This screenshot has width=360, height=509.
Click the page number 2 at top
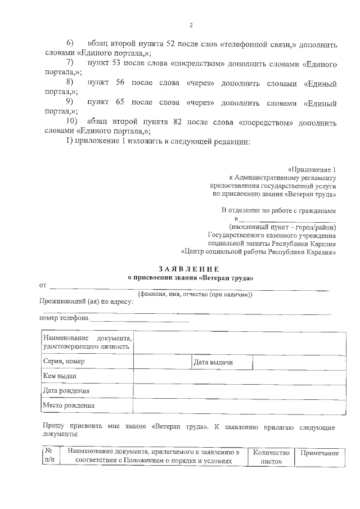tap(191, 25)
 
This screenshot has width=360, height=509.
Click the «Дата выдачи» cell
tap(213, 362)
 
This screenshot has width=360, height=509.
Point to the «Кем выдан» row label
tap(60, 376)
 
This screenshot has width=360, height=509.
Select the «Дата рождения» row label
tap(66, 391)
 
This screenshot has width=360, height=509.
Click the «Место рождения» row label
tap(69, 406)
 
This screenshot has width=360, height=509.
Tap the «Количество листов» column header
tap(271, 456)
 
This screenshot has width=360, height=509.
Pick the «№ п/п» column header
tap(48, 456)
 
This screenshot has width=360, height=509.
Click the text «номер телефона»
tap(64, 317)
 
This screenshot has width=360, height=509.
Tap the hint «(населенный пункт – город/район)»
tap(278, 227)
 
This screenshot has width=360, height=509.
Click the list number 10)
tap(72, 122)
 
